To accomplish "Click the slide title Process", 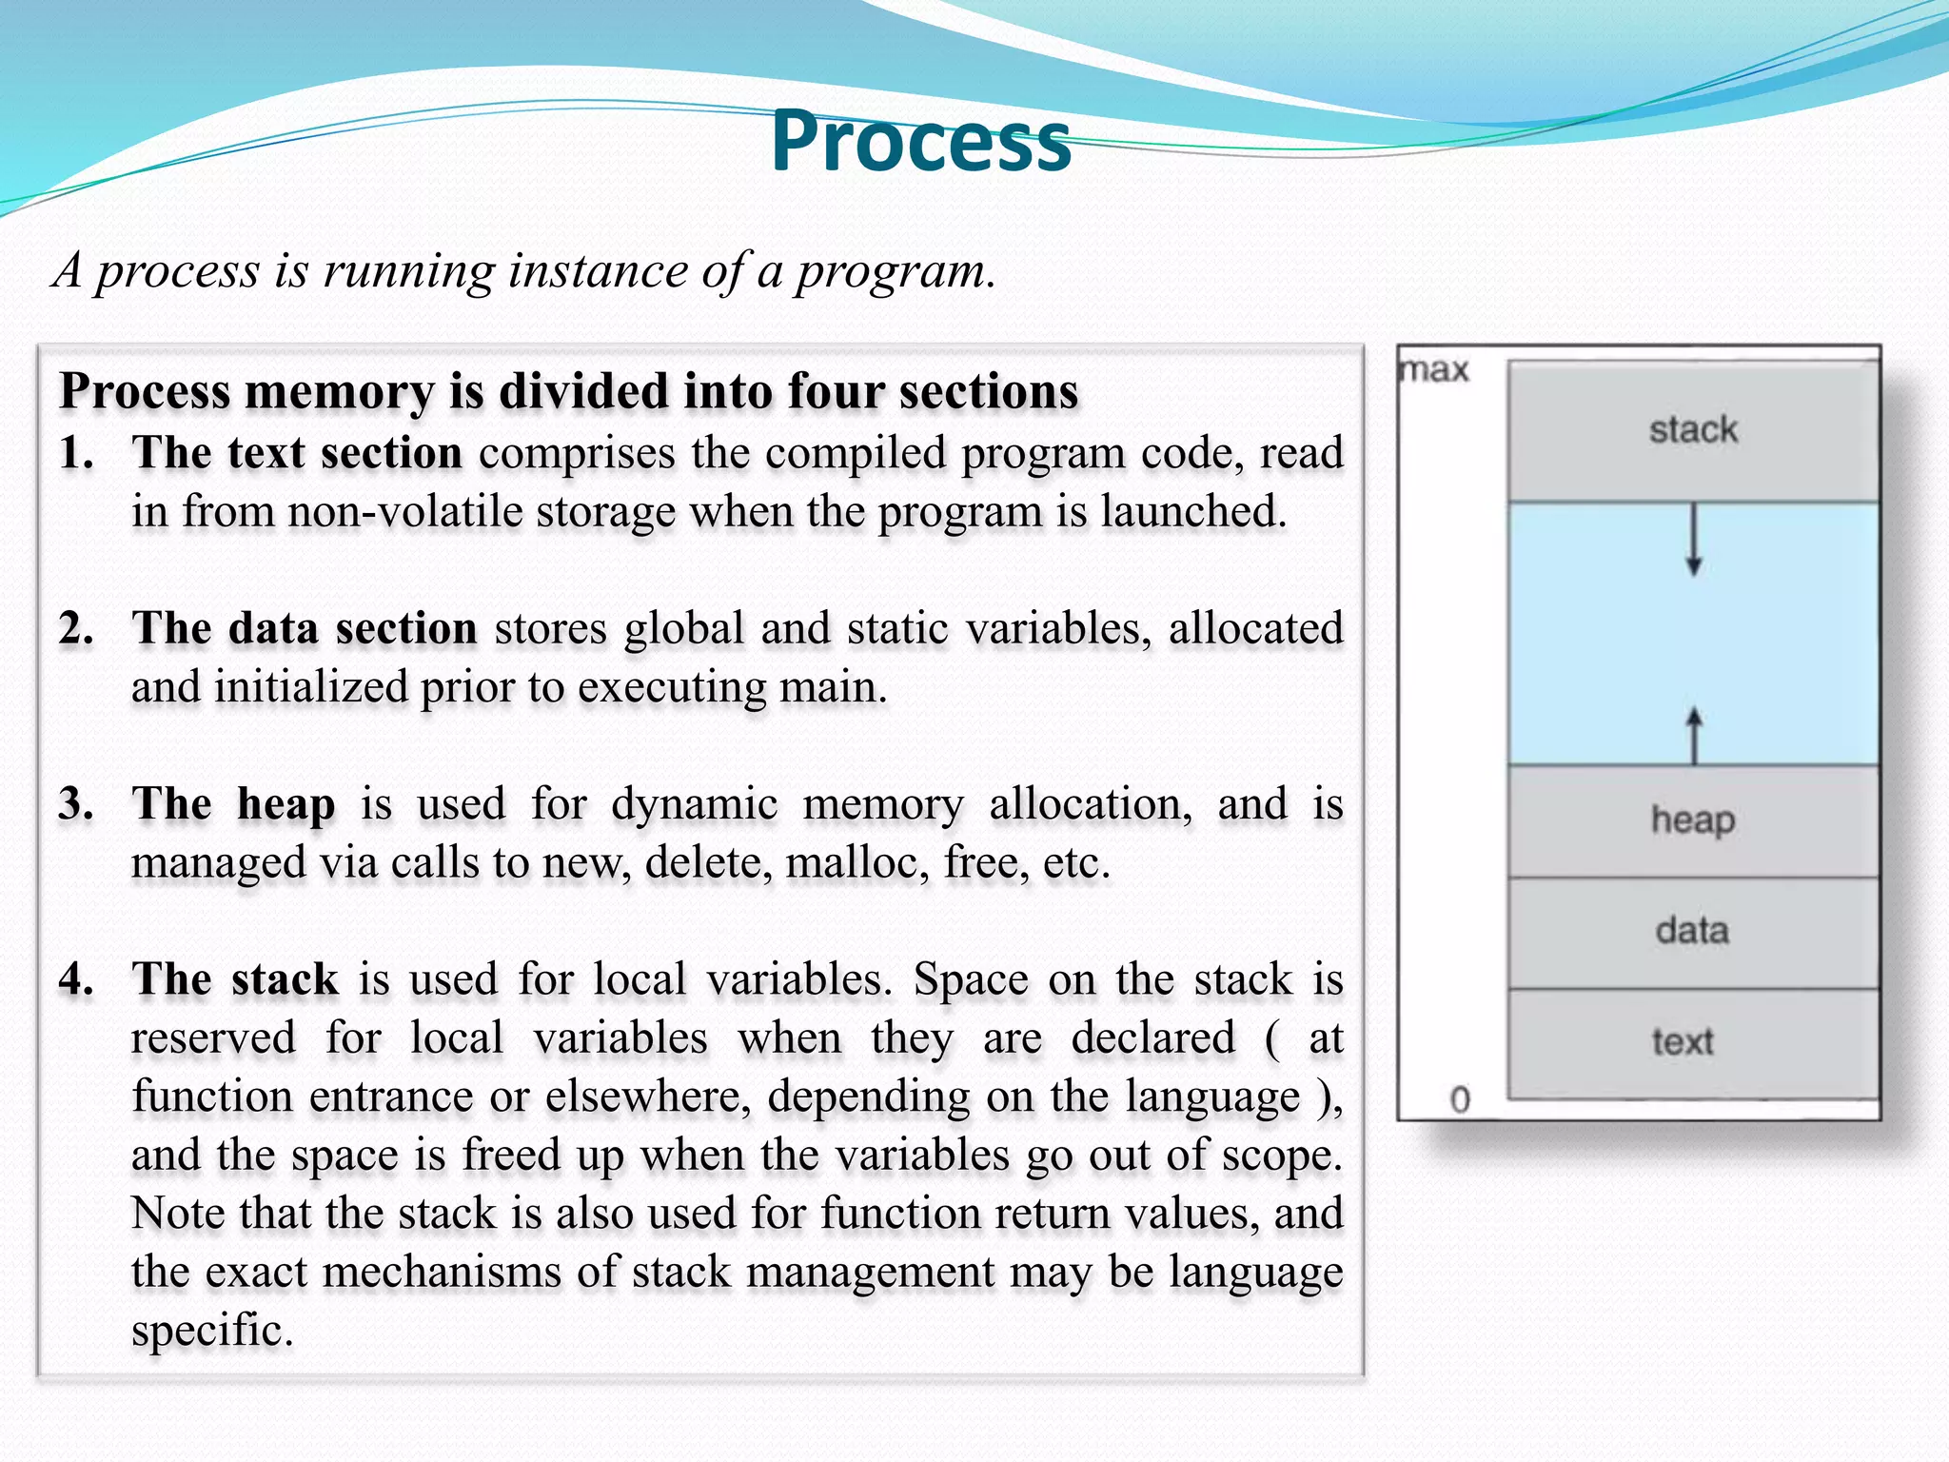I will [x=920, y=141].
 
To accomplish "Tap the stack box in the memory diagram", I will [x=1693, y=430].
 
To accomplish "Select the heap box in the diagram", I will [x=1693, y=820].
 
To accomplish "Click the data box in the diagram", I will [x=1693, y=931].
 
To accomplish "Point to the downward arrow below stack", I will [x=1694, y=541].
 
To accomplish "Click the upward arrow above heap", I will [x=1694, y=735].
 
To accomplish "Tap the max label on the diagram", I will [x=1435, y=369].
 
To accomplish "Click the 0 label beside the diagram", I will [x=1460, y=1100].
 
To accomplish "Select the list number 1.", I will [x=76, y=453].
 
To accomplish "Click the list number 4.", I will [x=76, y=979].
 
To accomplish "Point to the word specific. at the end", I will [x=211, y=1331].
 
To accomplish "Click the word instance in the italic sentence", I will [x=597, y=271].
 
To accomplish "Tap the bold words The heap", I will [x=233, y=804].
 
